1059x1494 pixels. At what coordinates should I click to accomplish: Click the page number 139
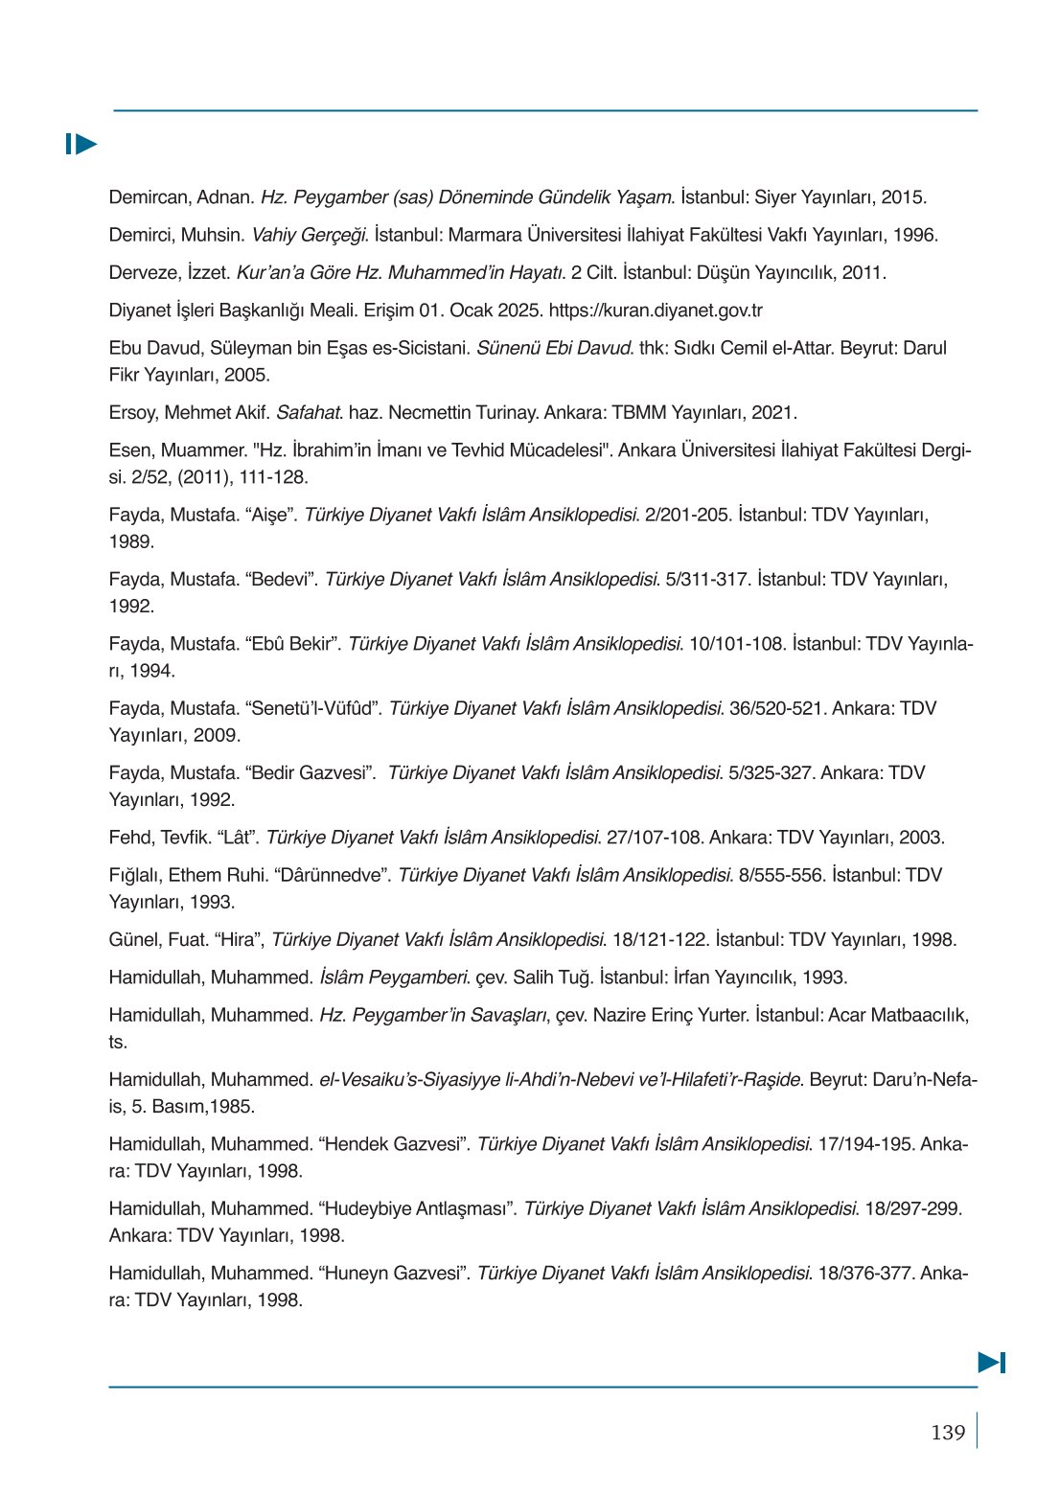(x=947, y=1433)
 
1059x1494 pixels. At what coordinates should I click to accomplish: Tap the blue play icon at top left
(x=81, y=145)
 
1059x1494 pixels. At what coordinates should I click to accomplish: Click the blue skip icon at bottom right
(x=991, y=1362)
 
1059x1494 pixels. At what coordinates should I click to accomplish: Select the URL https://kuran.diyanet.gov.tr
(x=656, y=310)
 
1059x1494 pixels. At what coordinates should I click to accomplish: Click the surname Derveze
(x=144, y=273)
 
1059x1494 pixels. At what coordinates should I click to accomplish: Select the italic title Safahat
(x=309, y=413)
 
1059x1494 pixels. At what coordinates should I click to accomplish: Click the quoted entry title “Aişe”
(x=269, y=516)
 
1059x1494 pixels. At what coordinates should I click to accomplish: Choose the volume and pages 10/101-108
(x=736, y=644)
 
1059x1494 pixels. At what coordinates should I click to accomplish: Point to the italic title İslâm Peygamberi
(x=394, y=977)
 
